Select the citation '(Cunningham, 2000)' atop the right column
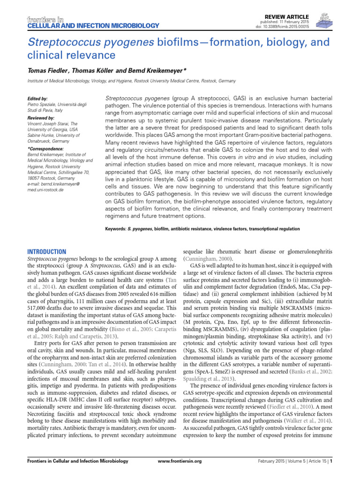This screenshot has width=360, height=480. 204,258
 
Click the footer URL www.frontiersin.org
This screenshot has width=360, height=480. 180,461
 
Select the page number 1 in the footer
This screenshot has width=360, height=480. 331,461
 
